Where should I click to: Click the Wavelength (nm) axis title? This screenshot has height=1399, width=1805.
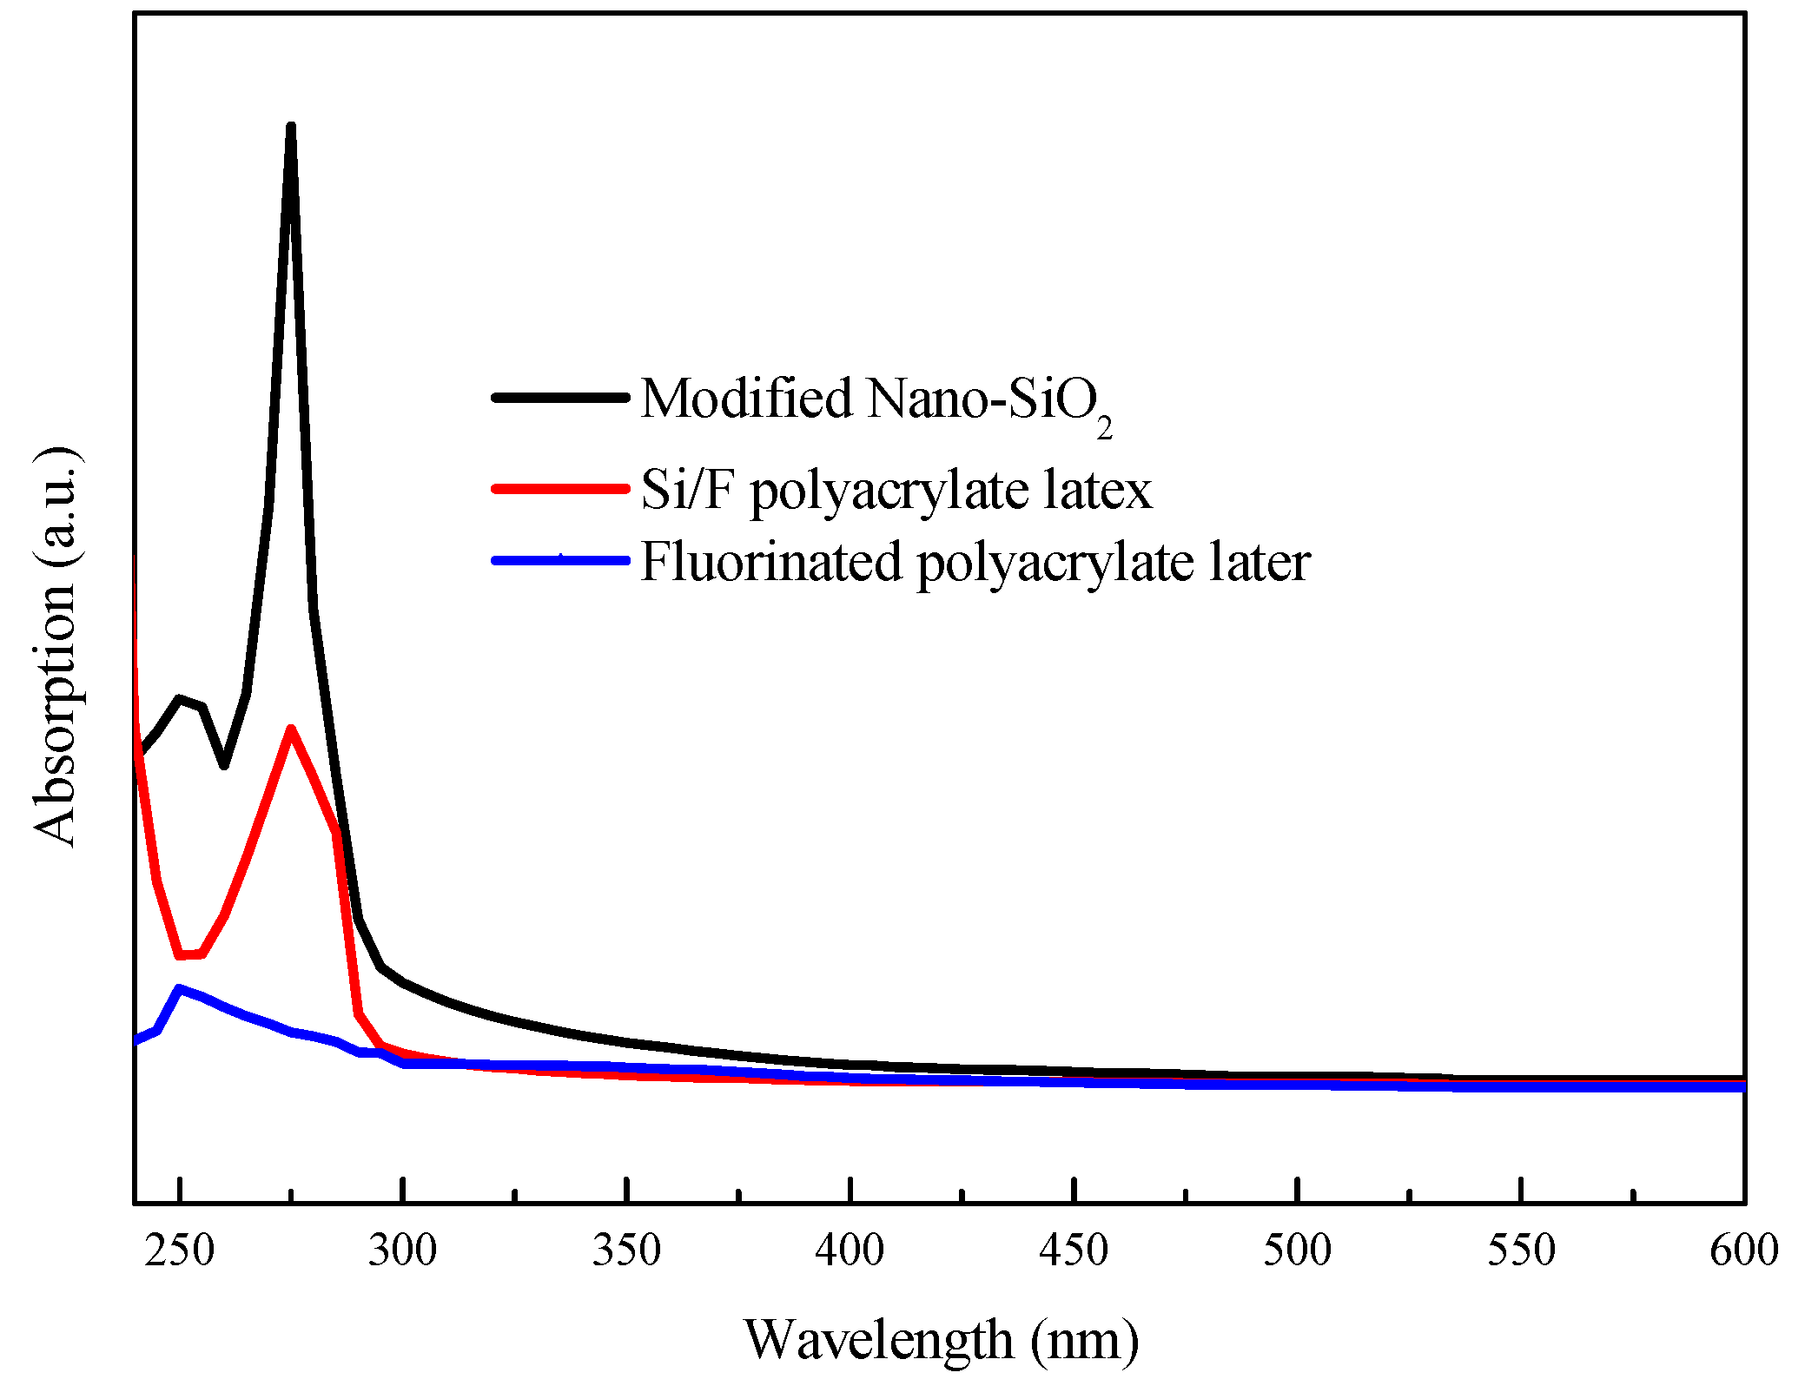pos(941,1340)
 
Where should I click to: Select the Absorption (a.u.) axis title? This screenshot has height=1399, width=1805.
pos(54,647)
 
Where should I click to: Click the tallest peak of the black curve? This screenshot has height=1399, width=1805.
pos(291,129)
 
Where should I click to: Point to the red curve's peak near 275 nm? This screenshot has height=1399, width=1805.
pos(291,729)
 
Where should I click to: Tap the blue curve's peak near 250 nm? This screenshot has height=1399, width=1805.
pos(180,988)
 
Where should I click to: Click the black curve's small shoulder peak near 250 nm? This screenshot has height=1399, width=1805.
pos(180,699)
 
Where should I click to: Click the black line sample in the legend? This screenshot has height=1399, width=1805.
pos(560,398)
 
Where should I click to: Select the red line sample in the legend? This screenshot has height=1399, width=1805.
pos(560,489)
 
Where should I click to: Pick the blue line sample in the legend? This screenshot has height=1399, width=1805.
pos(560,561)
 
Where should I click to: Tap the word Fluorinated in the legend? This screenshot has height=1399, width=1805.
pos(771,561)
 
